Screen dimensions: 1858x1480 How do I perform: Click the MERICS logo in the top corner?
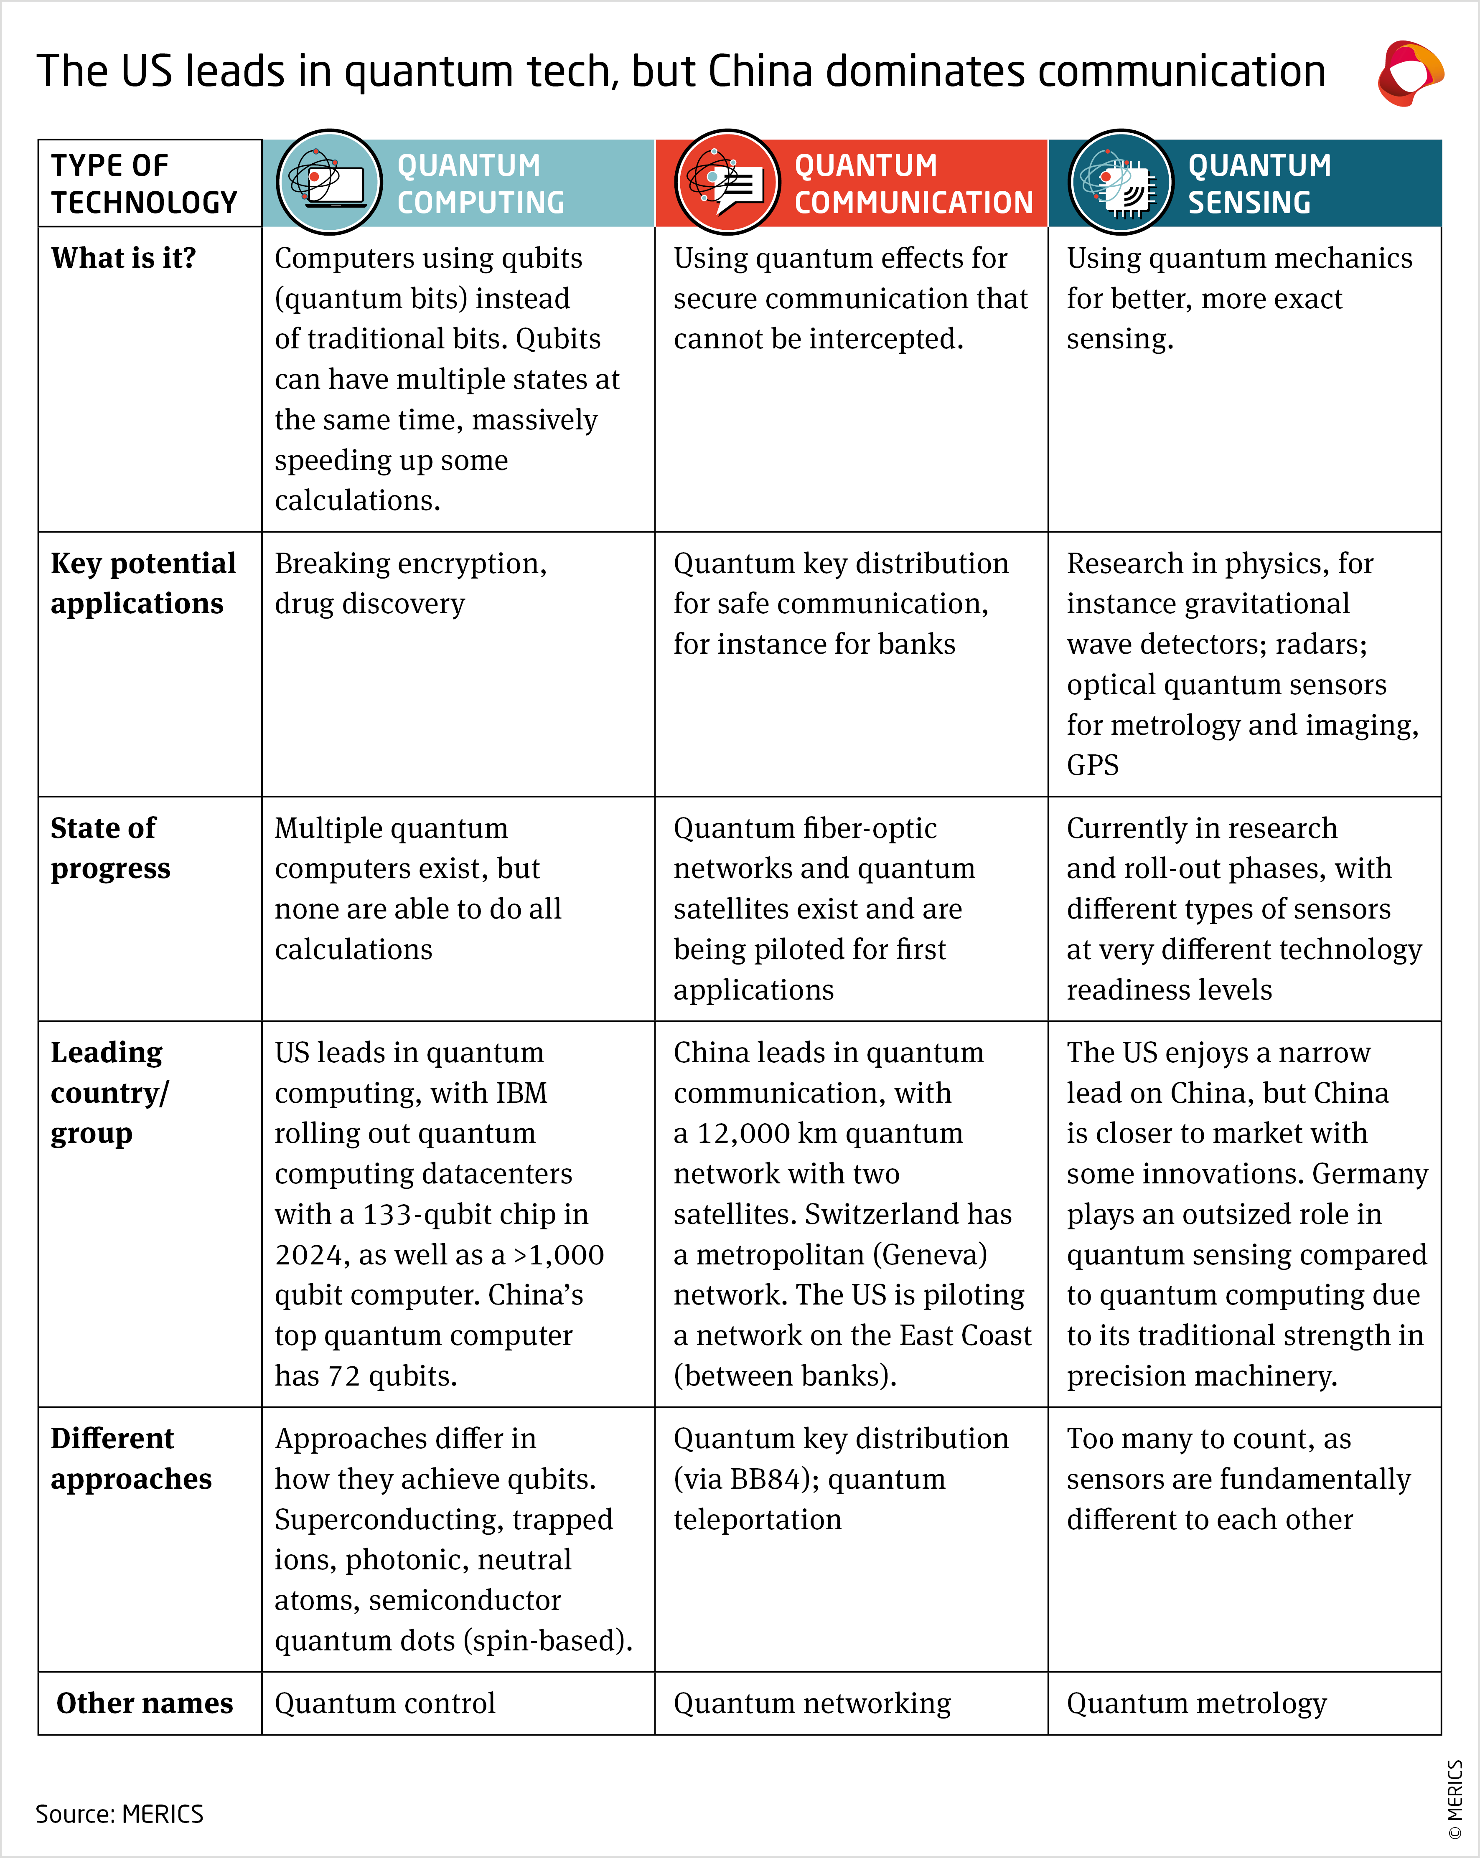tap(1410, 73)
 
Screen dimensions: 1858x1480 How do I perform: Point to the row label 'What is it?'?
tap(123, 258)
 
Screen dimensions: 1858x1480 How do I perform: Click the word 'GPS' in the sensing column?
tap(1092, 765)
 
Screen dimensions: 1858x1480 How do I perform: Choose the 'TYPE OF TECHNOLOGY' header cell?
tap(144, 183)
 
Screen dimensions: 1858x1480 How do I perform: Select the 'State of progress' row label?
tap(110, 848)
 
